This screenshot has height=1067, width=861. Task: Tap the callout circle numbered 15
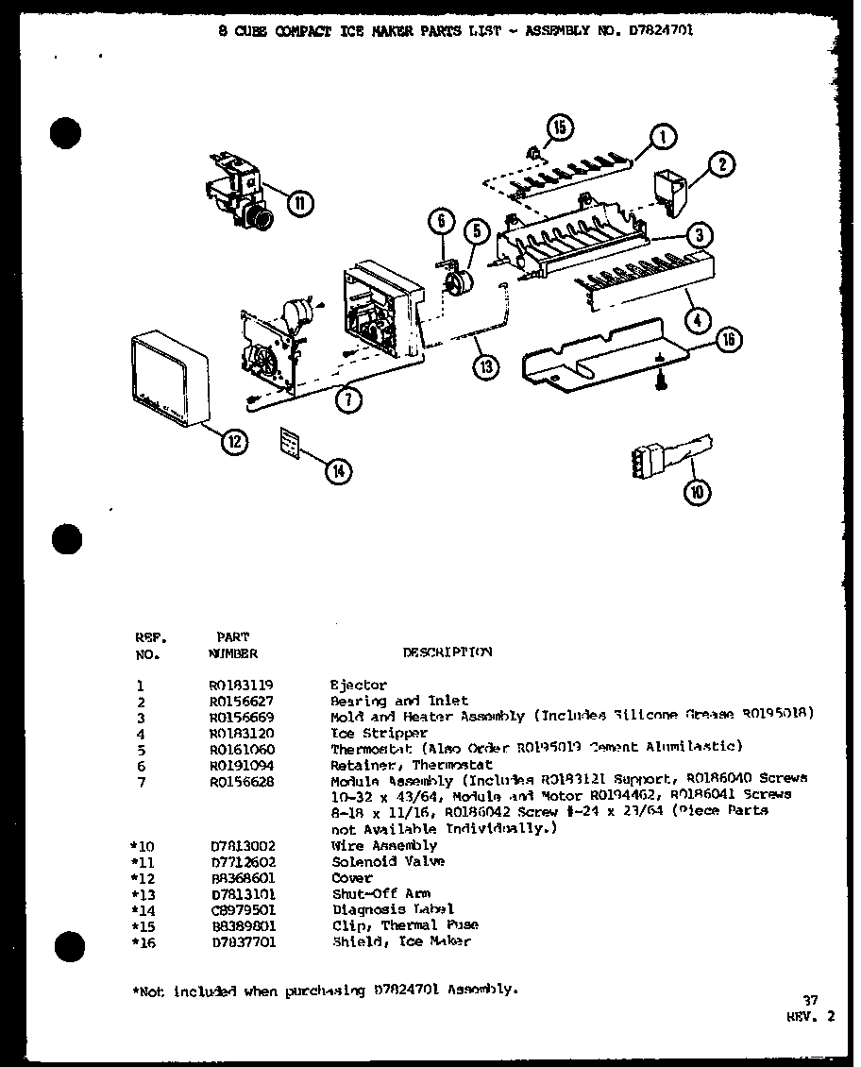point(559,128)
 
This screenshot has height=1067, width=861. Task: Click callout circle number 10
point(699,491)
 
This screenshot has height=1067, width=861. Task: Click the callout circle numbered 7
point(348,399)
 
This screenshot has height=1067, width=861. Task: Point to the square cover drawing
point(168,378)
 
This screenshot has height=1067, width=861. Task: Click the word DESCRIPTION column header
point(447,652)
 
